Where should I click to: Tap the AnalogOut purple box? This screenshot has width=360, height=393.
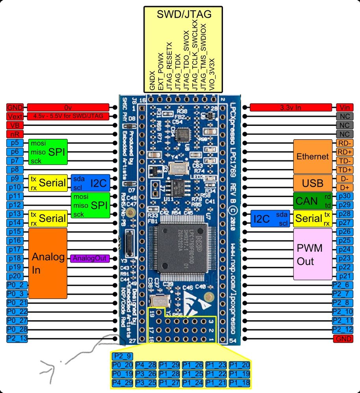[89, 258]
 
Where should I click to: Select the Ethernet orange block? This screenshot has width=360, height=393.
[313, 157]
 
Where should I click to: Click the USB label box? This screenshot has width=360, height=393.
[313, 183]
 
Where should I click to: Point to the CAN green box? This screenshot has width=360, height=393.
[307, 201]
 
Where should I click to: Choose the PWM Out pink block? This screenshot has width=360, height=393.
[313, 254]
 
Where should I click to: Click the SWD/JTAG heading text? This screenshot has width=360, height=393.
[184, 15]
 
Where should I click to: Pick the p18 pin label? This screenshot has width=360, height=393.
[15, 258]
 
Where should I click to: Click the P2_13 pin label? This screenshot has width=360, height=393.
[17, 339]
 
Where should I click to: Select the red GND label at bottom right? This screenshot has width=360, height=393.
[342, 339]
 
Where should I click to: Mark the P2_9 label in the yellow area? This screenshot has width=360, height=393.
[121, 356]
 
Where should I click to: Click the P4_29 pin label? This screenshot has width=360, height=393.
[121, 382]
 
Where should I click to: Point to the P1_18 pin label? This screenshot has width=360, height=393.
[240, 382]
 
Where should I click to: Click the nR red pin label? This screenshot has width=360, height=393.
[15, 134]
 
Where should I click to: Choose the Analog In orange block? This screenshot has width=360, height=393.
[48, 263]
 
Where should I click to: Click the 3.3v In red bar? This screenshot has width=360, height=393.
[291, 107]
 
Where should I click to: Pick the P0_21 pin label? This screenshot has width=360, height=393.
[17, 303]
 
